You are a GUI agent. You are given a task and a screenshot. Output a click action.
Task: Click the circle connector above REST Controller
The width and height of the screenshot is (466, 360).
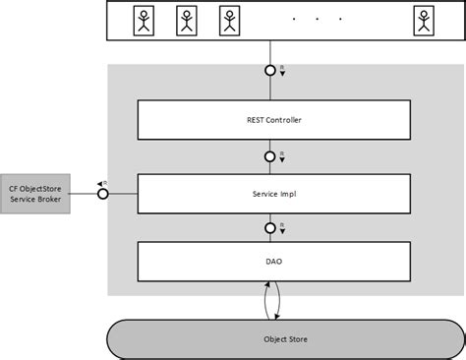[x=270, y=72]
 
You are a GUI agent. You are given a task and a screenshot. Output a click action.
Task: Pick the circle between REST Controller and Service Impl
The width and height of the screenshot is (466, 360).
[x=270, y=156]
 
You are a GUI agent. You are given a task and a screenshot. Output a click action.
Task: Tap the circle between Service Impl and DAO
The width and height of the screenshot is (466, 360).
[x=270, y=228]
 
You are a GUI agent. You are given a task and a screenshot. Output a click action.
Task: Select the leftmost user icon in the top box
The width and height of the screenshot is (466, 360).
[x=144, y=20]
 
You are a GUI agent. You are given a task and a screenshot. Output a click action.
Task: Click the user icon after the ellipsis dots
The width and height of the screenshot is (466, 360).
[x=423, y=20]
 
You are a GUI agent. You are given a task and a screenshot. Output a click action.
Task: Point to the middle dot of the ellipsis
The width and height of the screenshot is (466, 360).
[x=317, y=19]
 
